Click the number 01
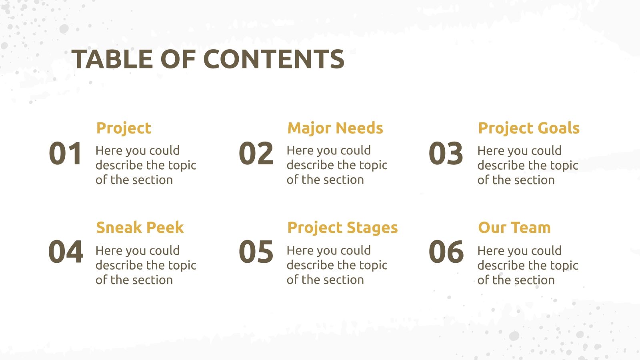tap(65, 154)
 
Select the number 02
tap(256, 154)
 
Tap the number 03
tap(446, 154)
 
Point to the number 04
tap(66, 252)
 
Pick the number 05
tap(256, 252)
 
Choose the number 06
tap(446, 252)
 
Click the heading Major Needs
tap(335, 128)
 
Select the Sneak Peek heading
tap(140, 228)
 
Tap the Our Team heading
tap(514, 228)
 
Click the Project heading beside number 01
tap(124, 128)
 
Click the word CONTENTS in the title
tap(274, 59)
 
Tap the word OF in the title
tap(178, 59)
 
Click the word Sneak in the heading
tap(119, 228)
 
